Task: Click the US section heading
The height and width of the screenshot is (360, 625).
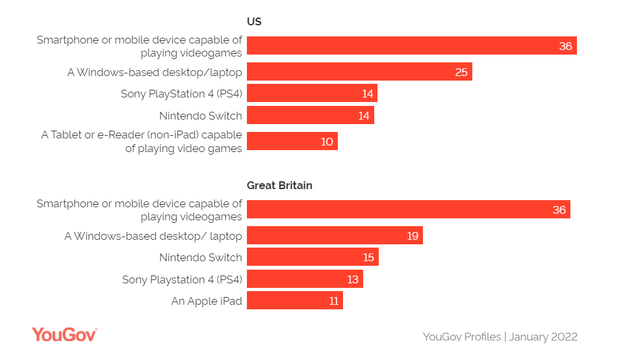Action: point(254,21)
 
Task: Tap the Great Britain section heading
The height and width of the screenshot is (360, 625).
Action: point(279,185)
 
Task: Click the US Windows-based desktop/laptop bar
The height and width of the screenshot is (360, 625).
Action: point(359,71)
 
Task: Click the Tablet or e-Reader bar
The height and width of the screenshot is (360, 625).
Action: point(292,141)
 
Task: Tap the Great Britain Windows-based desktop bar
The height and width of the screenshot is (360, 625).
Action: point(335,235)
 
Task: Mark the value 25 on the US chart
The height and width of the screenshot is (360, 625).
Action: point(461,71)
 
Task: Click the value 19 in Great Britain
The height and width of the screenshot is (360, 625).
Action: point(413,235)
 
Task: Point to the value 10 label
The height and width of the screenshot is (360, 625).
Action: point(327,141)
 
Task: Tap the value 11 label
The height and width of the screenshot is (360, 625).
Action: point(334,301)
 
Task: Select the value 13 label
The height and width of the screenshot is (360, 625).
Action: point(353,279)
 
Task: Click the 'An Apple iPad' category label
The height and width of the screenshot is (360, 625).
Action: point(207,301)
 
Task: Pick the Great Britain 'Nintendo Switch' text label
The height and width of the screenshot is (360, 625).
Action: point(200,257)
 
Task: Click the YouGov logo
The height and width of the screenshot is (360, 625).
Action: point(64,335)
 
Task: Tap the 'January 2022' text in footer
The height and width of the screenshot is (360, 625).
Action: point(543,337)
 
